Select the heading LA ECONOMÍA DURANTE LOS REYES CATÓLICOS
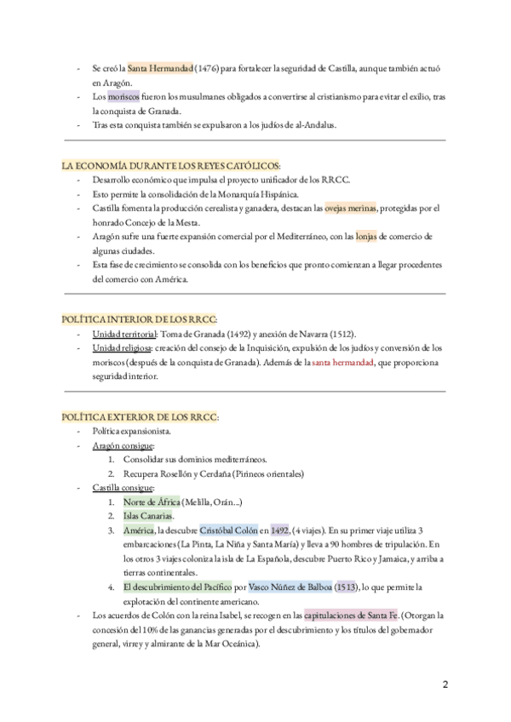(x=170, y=164)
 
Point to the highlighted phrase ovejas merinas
(x=351, y=208)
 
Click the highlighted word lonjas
(x=366, y=237)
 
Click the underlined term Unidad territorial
(x=125, y=334)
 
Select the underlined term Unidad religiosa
(x=123, y=348)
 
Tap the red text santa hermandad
(x=342, y=363)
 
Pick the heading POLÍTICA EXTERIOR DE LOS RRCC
(x=141, y=416)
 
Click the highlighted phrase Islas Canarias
(x=148, y=517)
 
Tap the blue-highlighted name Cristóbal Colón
(x=233, y=531)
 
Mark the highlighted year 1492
(x=279, y=531)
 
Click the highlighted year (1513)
(x=346, y=587)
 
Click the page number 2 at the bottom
(x=445, y=685)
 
